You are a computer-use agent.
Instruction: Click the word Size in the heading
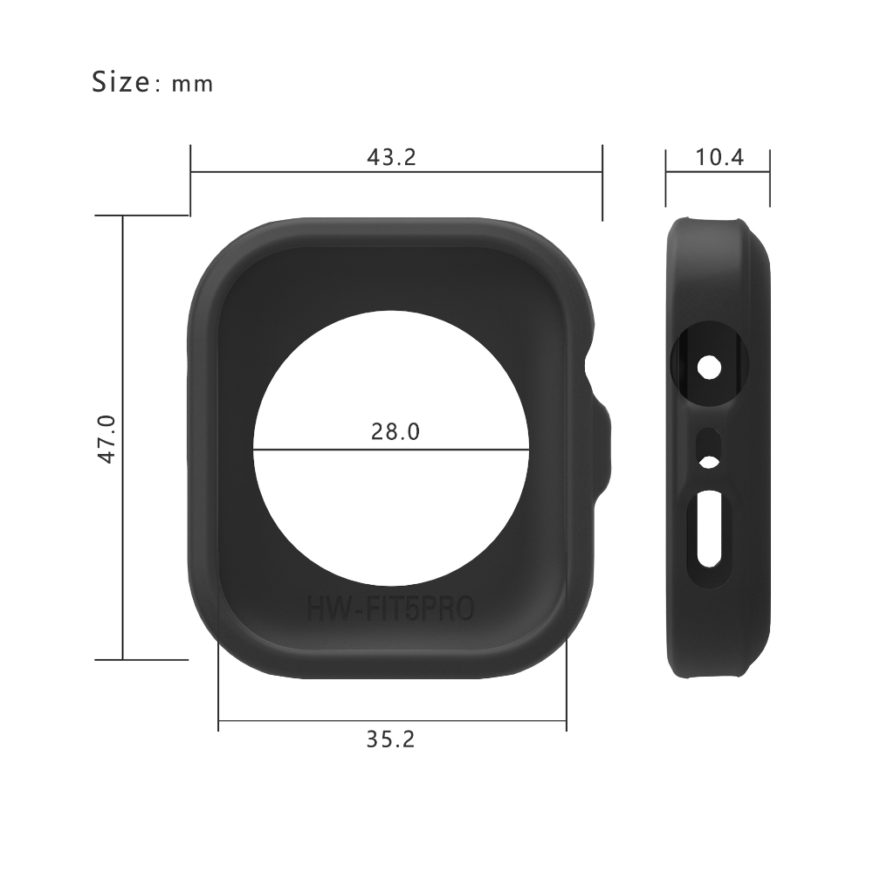pos(120,81)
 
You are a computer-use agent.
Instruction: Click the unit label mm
pos(193,85)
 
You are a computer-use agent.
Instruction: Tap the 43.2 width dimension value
pos(392,157)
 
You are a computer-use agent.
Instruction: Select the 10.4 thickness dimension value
pos(719,157)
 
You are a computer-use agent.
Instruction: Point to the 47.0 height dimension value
pos(107,438)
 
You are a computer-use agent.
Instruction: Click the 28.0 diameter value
pos(395,431)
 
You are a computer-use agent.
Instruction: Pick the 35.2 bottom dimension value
pos(390,739)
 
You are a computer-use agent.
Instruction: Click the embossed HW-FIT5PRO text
pos(390,609)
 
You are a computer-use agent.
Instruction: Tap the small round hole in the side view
pos(709,368)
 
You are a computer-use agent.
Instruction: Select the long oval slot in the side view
pos(709,529)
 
